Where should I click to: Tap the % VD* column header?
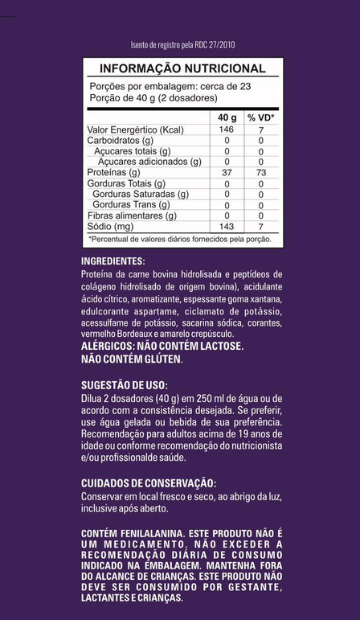[x=260, y=117]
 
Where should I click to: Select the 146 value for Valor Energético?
[x=227, y=129]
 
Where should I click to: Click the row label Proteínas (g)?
[x=113, y=172]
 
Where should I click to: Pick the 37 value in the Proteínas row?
[x=227, y=172]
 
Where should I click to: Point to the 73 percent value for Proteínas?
[x=260, y=172]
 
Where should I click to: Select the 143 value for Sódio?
[x=227, y=227]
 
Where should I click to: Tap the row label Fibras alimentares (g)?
[x=131, y=216]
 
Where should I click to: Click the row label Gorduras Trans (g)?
[x=134, y=205]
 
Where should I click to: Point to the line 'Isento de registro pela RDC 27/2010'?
[x=182, y=46]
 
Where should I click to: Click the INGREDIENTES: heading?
[x=113, y=261]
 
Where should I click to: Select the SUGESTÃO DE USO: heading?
[x=125, y=385]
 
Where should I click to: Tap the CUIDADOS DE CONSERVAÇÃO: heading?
[x=149, y=482]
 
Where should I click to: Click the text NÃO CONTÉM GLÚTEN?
[x=133, y=359]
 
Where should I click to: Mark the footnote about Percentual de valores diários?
[x=180, y=239]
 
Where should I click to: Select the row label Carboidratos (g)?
[x=121, y=140]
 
